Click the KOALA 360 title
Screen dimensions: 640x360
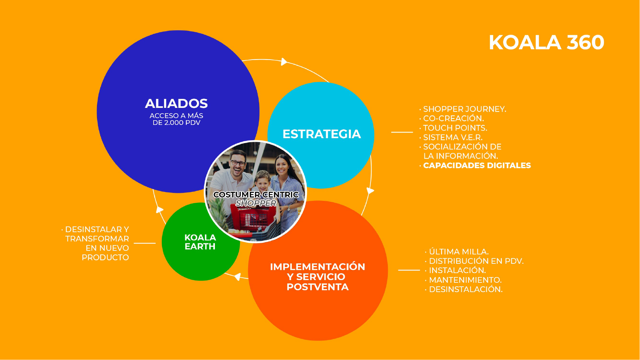546,43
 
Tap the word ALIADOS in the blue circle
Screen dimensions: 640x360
176,104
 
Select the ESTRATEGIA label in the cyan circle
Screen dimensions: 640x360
321,134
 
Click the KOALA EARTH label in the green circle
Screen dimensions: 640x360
200,242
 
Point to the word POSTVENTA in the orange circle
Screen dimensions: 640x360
318,287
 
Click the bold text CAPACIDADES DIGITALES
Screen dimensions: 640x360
477,166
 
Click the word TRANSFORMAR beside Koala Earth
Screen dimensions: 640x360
97,239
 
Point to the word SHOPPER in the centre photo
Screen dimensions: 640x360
256,203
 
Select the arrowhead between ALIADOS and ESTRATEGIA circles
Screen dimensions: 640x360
284,62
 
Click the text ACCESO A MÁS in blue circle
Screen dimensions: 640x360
176,116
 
